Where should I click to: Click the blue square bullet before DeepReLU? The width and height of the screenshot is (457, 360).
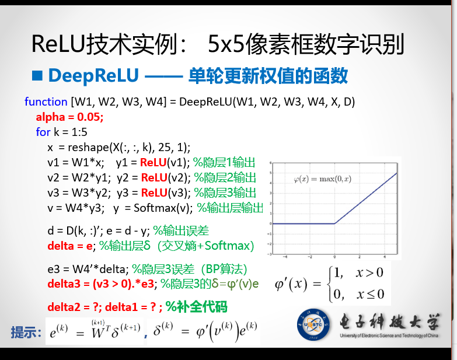37,76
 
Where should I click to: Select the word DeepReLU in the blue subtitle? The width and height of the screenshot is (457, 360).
93,75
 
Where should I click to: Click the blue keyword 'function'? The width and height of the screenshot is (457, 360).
46,102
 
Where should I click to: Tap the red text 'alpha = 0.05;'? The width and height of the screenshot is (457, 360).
69,117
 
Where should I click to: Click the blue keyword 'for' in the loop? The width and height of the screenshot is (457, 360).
43,132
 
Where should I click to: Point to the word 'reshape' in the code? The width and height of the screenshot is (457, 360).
88,148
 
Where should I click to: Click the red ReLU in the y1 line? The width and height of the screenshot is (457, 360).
153,163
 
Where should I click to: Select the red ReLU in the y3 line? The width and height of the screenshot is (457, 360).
154,193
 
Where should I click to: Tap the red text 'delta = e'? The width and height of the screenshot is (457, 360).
70,246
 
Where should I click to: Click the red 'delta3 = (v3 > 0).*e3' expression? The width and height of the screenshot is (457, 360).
101,284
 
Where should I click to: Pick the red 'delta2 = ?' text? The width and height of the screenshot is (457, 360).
72,307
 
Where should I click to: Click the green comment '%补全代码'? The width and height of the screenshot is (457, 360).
197,307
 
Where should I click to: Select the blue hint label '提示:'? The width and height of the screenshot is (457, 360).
26,332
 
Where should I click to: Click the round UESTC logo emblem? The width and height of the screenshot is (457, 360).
313,324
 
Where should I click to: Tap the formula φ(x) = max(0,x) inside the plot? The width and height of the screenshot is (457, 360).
323,179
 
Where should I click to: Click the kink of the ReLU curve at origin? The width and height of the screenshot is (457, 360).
334,223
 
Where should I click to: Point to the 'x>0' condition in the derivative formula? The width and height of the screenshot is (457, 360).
369,272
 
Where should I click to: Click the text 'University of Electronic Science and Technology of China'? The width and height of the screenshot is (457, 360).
389,335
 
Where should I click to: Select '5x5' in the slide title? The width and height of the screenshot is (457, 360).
226,44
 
